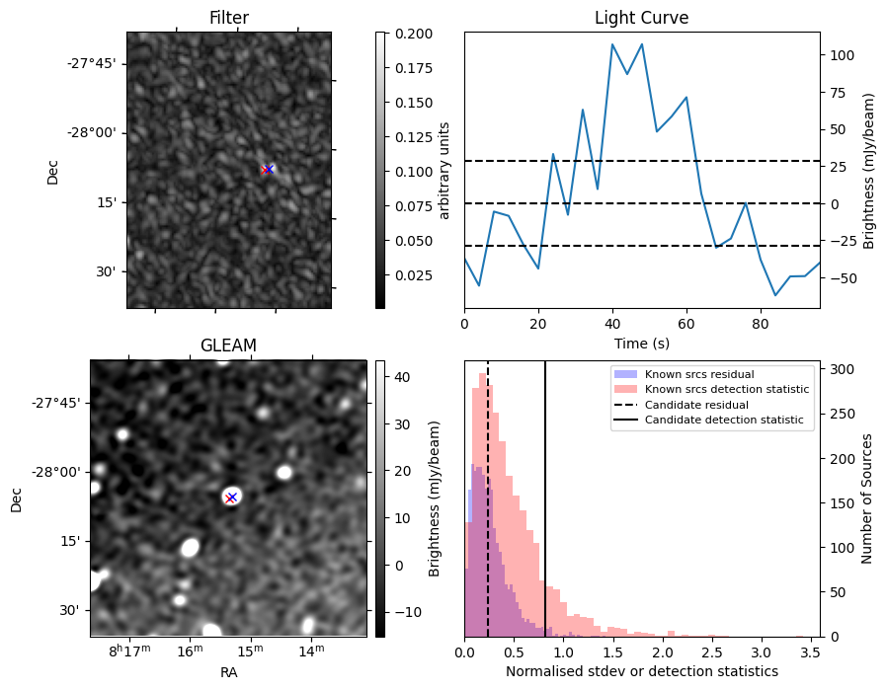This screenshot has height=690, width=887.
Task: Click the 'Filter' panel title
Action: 228,18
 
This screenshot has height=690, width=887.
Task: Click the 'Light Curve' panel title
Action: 641,18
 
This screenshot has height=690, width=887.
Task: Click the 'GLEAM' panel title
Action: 228,345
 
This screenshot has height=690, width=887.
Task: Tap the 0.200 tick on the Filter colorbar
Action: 409,34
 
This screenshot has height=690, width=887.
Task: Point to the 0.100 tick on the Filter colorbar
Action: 409,171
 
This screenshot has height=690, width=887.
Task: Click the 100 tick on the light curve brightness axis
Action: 840,55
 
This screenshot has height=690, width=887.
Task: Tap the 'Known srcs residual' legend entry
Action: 699,374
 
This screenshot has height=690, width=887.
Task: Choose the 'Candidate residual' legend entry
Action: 696,405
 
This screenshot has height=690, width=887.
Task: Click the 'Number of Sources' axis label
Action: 867,498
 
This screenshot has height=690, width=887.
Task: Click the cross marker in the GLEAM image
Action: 231,497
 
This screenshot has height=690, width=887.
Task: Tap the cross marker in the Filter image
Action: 268,170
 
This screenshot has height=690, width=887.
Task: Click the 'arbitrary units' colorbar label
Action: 444,170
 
